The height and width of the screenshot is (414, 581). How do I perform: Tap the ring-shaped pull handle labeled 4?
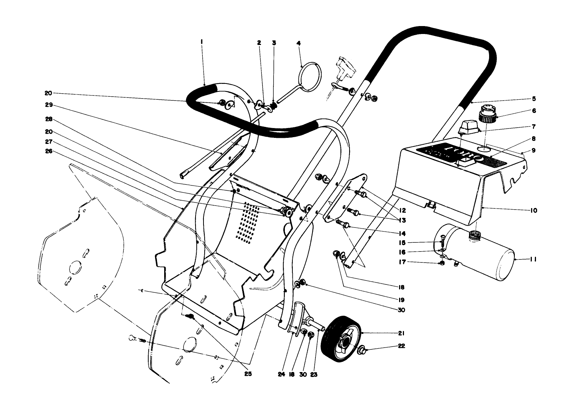point(310,77)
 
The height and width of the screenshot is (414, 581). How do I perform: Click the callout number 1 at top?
point(202,43)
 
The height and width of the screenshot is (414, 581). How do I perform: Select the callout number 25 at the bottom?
point(247,374)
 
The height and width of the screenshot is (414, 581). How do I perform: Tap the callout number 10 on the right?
point(533,210)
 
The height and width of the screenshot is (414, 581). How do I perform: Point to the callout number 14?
point(402,233)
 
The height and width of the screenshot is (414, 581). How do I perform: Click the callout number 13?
point(402,220)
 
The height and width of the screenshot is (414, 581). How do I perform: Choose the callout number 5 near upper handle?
point(534,99)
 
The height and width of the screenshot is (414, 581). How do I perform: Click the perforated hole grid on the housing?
point(248,223)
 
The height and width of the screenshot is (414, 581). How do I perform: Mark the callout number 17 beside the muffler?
point(402,262)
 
